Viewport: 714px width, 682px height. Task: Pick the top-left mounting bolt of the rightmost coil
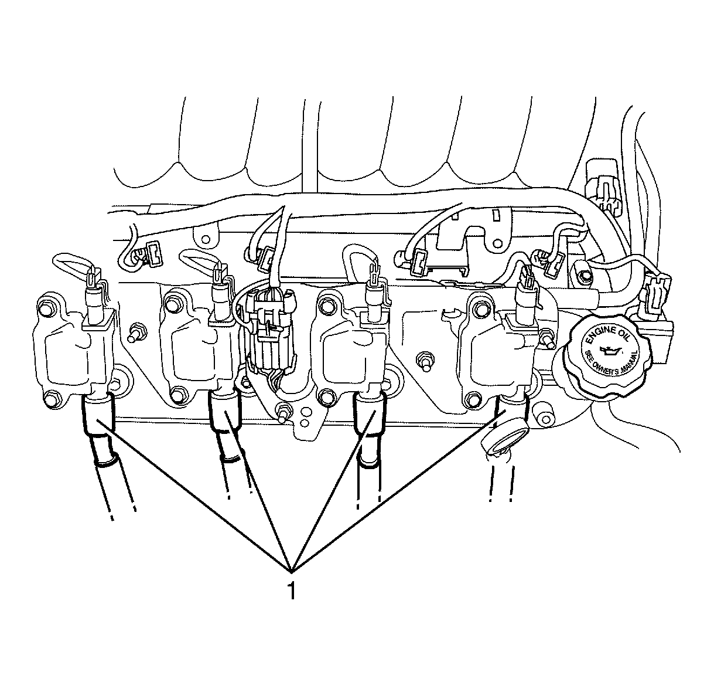coord(480,307)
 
